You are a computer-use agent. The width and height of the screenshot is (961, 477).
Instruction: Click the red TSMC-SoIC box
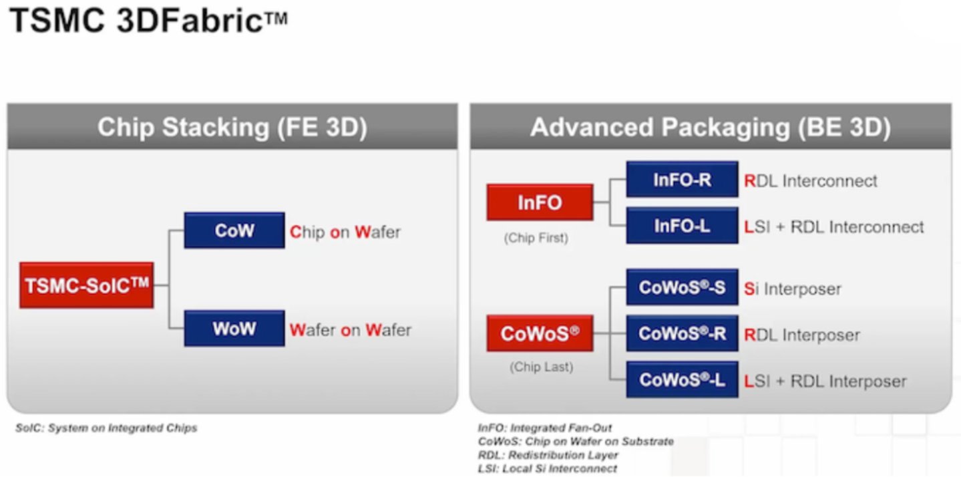[86, 285]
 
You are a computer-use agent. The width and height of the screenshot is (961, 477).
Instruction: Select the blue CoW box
[234, 230]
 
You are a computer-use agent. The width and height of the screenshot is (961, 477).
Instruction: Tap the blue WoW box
[234, 329]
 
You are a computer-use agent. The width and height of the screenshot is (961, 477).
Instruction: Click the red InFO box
[540, 202]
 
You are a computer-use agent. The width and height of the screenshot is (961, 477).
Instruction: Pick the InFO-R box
[682, 180]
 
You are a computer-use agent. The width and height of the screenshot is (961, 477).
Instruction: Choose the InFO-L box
[682, 226]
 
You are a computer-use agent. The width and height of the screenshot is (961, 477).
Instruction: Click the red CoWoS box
[540, 333]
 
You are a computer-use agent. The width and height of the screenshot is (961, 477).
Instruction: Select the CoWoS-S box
[682, 287]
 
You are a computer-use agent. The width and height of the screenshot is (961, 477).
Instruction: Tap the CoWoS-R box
[682, 333]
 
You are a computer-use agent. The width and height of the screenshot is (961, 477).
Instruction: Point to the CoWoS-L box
[682, 379]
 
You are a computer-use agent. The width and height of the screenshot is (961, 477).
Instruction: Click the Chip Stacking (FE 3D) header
[232, 127]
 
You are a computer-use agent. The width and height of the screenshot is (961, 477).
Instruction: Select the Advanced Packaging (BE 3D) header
[711, 127]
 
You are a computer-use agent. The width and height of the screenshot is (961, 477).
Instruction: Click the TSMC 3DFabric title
[148, 20]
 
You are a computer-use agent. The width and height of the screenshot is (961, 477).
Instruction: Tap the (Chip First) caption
[536, 238]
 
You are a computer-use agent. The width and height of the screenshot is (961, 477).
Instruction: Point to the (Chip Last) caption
[541, 367]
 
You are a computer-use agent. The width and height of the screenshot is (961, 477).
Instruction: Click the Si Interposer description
[793, 289]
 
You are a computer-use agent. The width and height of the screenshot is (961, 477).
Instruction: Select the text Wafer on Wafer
[350, 330]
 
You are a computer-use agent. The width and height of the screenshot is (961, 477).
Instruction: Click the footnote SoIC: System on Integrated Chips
[106, 428]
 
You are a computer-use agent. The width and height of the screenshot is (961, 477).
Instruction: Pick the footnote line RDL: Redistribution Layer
[548, 455]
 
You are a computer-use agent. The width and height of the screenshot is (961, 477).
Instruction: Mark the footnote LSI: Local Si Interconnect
[548, 469]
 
